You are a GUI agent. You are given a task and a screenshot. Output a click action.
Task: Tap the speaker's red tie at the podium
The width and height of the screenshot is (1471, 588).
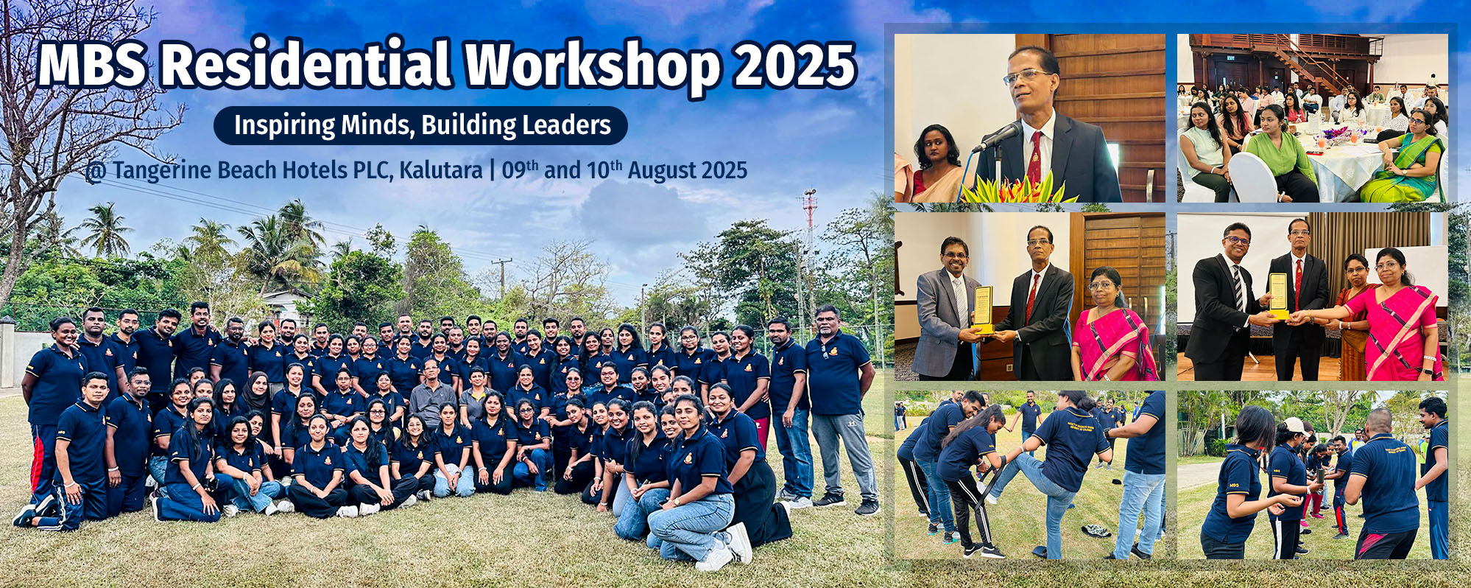(x=1034, y=156)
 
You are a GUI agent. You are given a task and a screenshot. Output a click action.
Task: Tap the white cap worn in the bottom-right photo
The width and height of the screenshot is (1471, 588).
(x=1295, y=425)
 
